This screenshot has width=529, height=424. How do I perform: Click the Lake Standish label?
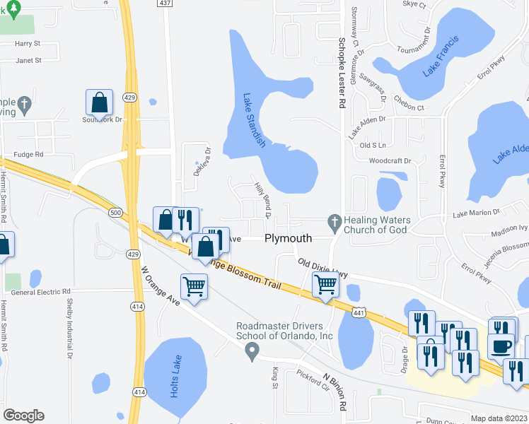[253, 121]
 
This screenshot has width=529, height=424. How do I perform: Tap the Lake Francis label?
[441, 57]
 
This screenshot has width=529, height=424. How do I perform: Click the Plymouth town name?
[288, 239]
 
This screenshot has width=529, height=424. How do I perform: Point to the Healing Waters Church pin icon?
[335, 222]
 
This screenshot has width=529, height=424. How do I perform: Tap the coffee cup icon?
[501, 346]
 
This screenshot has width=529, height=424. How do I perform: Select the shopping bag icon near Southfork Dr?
[100, 103]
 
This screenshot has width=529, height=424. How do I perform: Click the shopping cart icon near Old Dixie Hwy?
[325, 285]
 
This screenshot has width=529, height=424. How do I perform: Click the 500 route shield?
[114, 212]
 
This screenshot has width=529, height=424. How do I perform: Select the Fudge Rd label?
[29, 153]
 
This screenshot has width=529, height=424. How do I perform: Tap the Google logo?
[24, 415]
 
